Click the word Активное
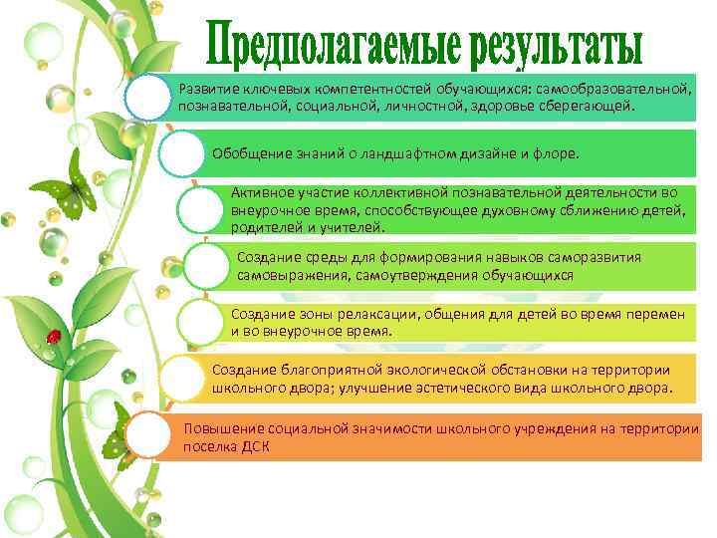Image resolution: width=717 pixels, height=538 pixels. point(261,192)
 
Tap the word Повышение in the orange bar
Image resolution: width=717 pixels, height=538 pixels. point(221,429)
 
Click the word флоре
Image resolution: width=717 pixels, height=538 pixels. point(558,154)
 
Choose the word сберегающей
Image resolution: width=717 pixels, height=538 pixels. point(582,106)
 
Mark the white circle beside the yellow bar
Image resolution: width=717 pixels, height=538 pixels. point(181,378)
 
